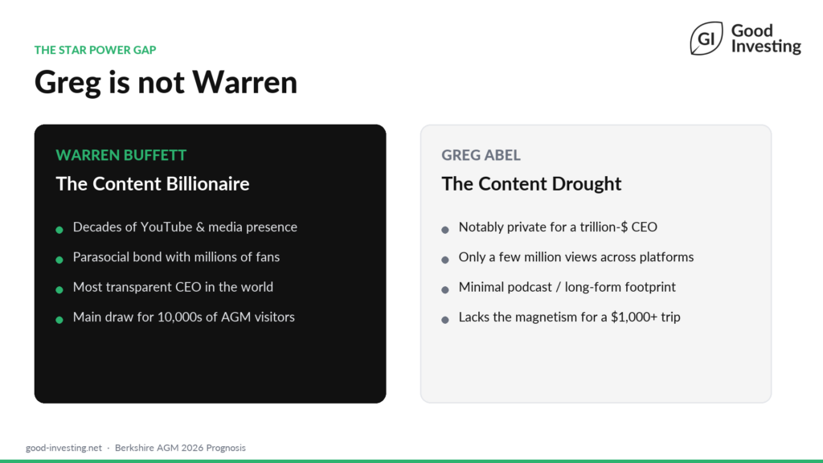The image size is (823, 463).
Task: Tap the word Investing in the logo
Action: (766, 47)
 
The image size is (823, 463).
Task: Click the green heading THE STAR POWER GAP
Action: (95, 50)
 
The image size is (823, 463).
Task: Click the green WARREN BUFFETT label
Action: (121, 155)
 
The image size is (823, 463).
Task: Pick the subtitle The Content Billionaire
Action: (153, 183)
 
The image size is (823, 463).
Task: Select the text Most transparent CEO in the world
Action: (173, 287)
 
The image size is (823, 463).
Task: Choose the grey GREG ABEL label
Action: (481, 155)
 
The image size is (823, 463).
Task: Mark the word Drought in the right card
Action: (586, 183)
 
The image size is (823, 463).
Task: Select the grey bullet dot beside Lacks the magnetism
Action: (445, 319)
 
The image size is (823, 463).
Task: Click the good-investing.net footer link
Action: (63, 448)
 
